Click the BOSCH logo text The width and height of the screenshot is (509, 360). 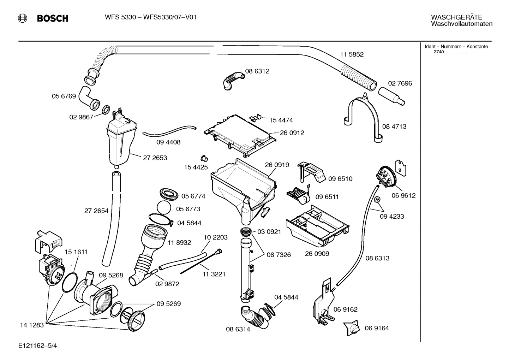[53, 18]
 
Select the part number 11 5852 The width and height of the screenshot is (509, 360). [352, 54]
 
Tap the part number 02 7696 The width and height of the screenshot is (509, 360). [400, 83]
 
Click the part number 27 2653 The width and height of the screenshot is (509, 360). [155, 158]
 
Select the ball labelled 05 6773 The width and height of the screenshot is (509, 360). [164, 208]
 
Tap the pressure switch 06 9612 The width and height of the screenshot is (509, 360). [386, 177]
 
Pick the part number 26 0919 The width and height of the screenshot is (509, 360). [277, 165]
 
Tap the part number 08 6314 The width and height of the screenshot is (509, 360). [238, 329]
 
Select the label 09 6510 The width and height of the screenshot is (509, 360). [340, 179]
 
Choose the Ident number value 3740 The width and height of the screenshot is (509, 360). [438, 52]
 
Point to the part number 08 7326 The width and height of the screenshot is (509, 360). [279, 254]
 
